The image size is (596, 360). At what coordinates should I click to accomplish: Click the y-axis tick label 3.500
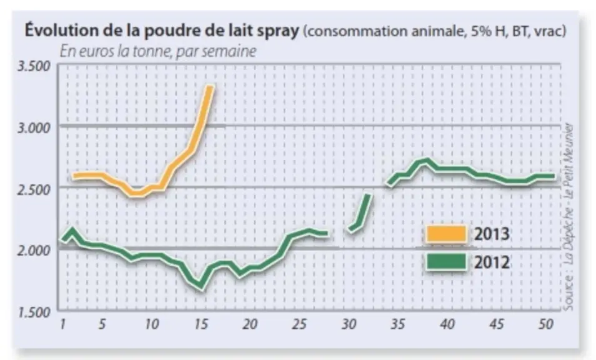click(x=34, y=66)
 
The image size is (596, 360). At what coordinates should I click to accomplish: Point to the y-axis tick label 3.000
click(x=34, y=128)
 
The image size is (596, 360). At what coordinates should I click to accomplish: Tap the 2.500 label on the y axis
click(x=34, y=189)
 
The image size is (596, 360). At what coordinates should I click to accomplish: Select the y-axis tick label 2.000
click(x=34, y=251)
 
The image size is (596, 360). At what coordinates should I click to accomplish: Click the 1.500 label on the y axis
click(x=34, y=312)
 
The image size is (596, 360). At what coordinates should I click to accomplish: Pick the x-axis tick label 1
click(x=62, y=324)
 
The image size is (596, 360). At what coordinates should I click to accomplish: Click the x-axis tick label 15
click(x=201, y=324)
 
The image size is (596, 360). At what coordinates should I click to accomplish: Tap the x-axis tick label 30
click(x=349, y=324)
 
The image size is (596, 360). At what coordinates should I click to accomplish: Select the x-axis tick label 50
click(x=546, y=324)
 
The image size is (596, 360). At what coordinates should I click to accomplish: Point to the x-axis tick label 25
click(x=299, y=324)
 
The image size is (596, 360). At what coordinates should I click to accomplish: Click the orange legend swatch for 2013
click(x=446, y=234)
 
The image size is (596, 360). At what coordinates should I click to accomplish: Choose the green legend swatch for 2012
click(x=446, y=262)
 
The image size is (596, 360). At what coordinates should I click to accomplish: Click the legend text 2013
click(x=492, y=234)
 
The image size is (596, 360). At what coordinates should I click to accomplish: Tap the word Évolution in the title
click(x=62, y=30)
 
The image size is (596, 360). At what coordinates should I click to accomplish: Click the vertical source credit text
click(x=569, y=217)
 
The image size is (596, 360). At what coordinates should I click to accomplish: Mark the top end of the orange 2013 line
click(x=210, y=87)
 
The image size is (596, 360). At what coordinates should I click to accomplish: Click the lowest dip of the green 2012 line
click(x=201, y=289)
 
